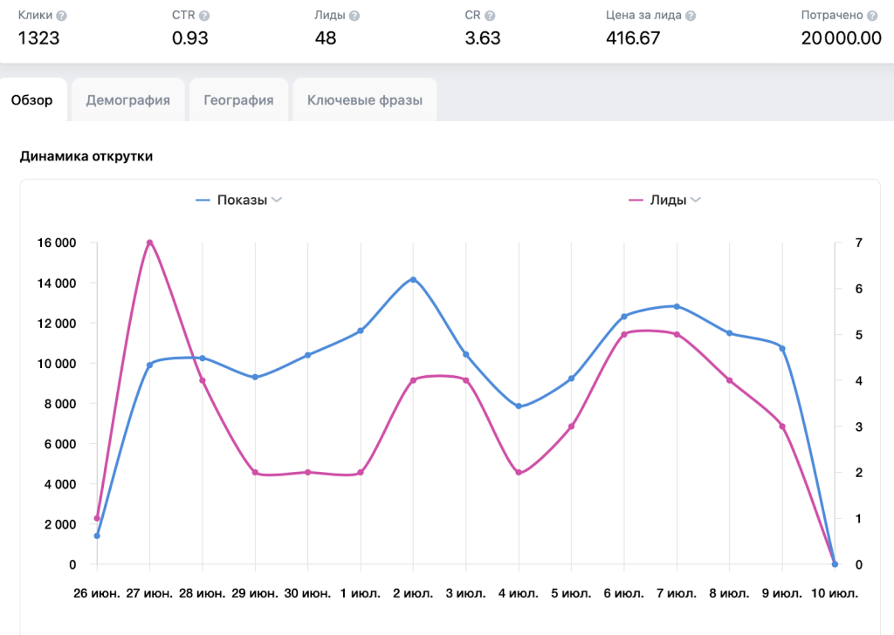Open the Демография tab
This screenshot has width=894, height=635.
(x=127, y=100)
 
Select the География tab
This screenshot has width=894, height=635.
(x=238, y=100)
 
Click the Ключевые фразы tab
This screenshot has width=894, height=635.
(x=364, y=100)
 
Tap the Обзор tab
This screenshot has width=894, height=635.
(x=32, y=100)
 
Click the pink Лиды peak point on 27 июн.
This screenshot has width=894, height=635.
(x=149, y=242)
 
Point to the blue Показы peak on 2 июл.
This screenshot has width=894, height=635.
(x=413, y=279)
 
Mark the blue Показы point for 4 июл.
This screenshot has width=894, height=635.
(x=519, y=406)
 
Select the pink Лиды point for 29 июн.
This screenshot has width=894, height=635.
(x=255, y=472)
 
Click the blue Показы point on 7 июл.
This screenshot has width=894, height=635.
(x=677, y=306)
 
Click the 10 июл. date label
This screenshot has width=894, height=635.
(x=834, y=594)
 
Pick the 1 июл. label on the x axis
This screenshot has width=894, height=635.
(x=361, y=594)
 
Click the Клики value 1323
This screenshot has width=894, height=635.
(x=38, y=38)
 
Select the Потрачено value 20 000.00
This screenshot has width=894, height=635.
(x=841, y=38)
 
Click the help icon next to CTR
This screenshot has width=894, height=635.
(x=204, y=16)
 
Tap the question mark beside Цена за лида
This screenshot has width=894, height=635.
(x=691, y=16)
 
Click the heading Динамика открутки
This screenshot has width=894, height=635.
(x=86, y=156)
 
